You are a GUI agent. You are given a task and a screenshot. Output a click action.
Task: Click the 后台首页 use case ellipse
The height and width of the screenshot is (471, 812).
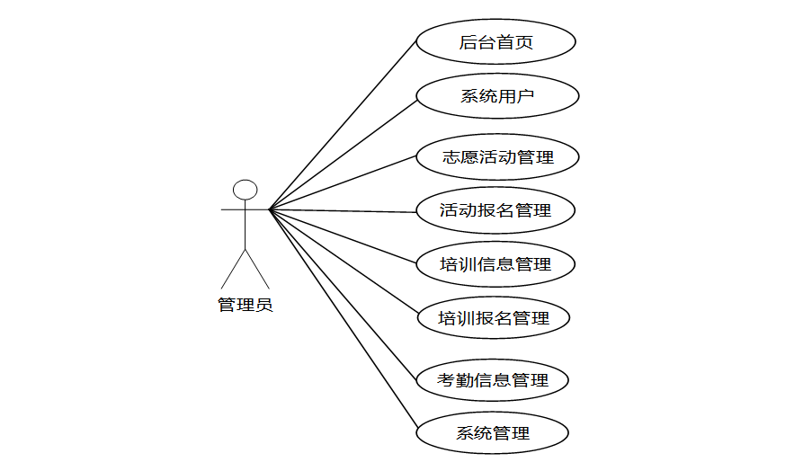[495, 41]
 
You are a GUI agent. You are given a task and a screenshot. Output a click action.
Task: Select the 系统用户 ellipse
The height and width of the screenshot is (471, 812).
[497, 96]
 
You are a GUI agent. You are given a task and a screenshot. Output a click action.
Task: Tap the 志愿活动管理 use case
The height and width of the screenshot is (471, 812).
[497, 157]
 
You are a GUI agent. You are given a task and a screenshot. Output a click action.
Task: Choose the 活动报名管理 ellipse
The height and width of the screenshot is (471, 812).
[495, 211]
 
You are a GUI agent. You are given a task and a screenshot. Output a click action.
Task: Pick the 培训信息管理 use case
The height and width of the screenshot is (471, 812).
[495, 264]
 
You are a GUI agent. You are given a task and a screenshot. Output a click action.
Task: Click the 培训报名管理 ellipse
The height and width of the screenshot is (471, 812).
[493, 318]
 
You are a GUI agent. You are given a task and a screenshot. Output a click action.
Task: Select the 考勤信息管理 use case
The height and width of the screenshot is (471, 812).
[493, 380]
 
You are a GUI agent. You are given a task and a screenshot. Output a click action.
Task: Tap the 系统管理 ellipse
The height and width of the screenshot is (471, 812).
[493, 433]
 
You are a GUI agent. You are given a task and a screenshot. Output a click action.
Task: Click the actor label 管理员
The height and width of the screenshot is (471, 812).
[245, 305]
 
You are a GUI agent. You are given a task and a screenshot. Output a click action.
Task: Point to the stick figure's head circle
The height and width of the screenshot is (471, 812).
[245, 190]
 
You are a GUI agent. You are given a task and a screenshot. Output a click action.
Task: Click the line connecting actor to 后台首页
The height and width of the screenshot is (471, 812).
[343, 126]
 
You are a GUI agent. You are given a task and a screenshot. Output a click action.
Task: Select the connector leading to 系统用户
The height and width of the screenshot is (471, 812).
[343, 154]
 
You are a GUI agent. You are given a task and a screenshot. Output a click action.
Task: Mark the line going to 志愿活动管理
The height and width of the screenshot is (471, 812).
[343, 183]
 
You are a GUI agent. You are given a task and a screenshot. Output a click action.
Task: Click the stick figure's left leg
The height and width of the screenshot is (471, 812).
[233, 270]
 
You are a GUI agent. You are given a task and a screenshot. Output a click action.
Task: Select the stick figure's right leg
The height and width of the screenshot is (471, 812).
[257, 270]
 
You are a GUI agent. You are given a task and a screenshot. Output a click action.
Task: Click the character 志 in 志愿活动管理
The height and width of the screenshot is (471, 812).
[451, 157]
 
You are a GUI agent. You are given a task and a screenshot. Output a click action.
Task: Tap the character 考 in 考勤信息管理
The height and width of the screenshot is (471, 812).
[446, 380]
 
